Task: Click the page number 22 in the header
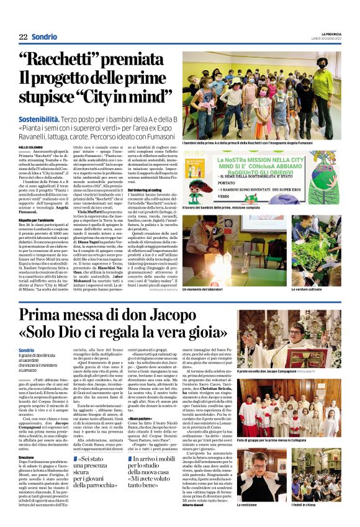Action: coord(22,37)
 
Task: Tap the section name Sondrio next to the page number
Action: coord(45,37)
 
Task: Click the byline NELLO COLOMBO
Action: coord(30,146)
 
